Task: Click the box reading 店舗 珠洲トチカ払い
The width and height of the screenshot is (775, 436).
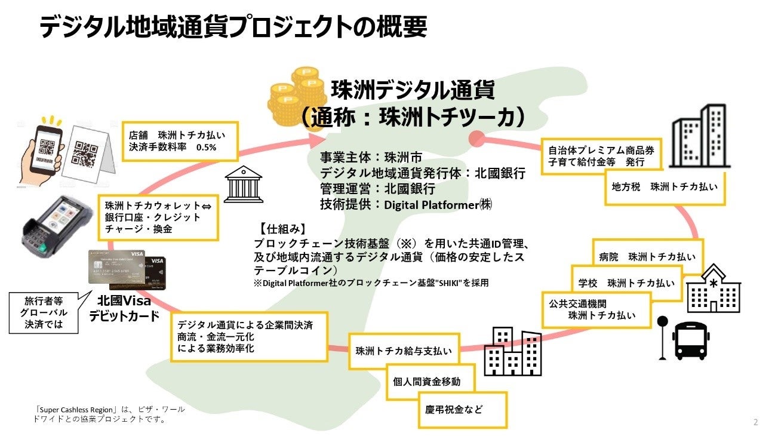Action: click(x=179, y=141)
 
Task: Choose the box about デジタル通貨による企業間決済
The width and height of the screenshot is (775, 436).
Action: click(x=248, y=336)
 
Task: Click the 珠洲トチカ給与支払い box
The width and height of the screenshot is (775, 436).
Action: click(x=404, y=351)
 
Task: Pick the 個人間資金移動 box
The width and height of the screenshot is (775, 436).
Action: click(x=426, y=381)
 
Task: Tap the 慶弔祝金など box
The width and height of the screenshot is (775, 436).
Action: click(x=462, y=410)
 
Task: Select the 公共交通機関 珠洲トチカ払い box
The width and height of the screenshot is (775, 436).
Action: click(x=596, y=309)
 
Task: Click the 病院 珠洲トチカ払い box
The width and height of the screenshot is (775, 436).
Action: click(x=647, y=257)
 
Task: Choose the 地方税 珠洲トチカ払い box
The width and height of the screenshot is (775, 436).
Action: click(x=664, y=186)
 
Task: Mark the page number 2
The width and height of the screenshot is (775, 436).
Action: click(x=755, y=422)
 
